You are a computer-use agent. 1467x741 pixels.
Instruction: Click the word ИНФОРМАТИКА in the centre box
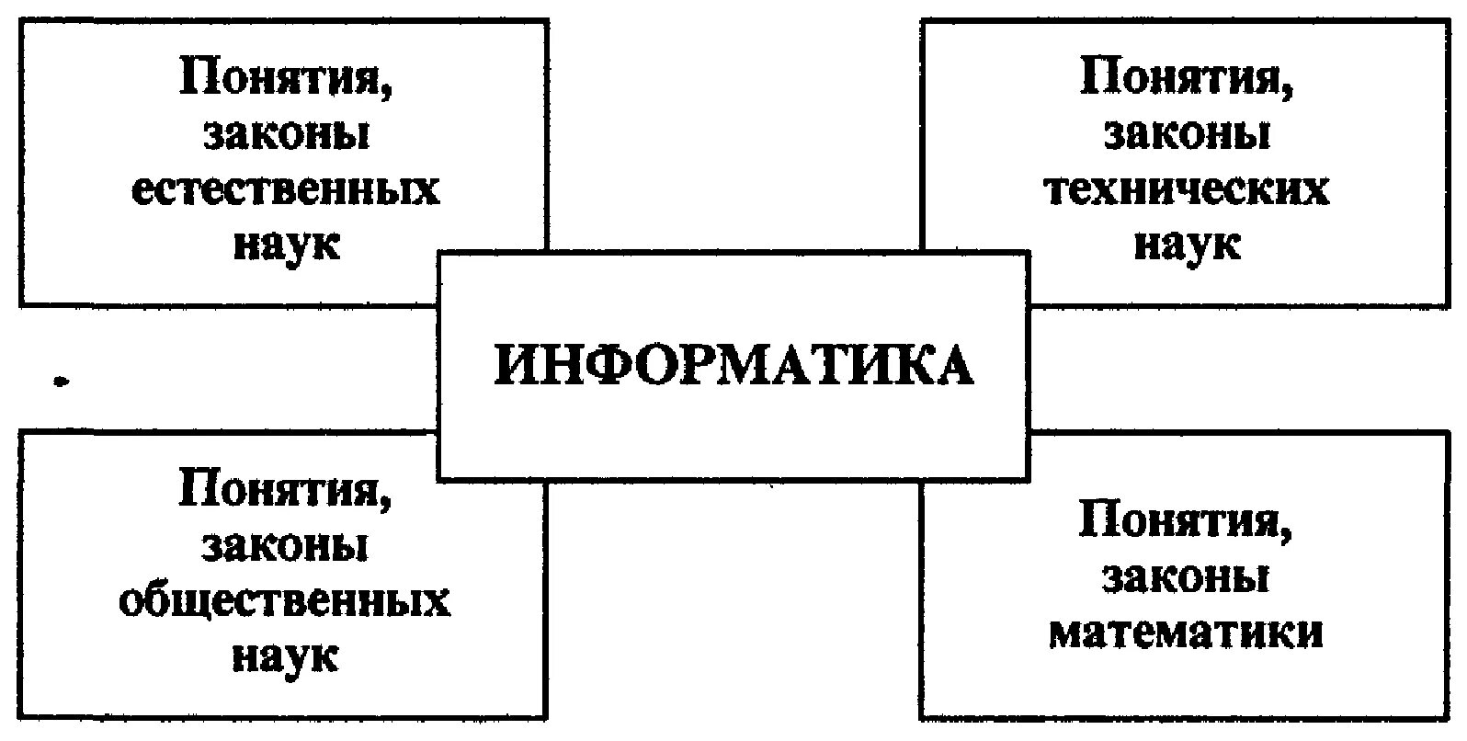point(733,366)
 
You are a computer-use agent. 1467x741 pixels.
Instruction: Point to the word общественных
point(285,602)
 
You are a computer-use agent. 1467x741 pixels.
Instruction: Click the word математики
point(1186,633)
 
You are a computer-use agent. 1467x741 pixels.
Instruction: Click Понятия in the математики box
point(1180,521)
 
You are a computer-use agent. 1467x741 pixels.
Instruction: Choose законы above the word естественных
point(286,135)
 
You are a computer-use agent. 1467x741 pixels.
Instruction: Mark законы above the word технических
point(1187,135)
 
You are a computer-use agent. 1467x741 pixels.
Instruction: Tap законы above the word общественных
point(286,545)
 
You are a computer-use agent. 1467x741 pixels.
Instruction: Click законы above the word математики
point(1186,578)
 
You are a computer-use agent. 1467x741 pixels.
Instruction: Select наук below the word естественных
point(286,245)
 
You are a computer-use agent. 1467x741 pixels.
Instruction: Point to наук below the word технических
point(1187,245)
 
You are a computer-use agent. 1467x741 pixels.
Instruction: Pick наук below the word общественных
point(286,657)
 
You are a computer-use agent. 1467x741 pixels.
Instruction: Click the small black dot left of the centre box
point(62,379)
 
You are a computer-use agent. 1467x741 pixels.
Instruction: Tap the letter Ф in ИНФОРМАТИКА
point(608,366)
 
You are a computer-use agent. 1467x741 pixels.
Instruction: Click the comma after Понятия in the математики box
point(1286,535)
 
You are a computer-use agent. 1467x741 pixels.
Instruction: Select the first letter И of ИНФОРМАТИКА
point(516,366)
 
